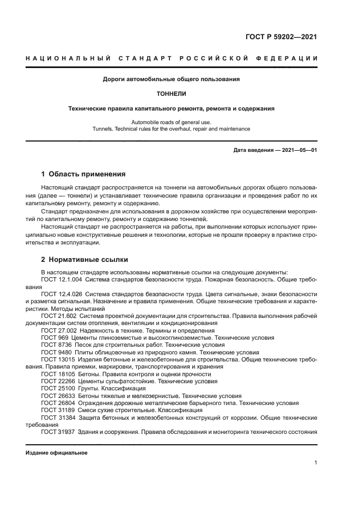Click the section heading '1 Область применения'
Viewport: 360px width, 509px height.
pos(83,174)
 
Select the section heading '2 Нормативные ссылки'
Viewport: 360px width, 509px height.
pos(84,260)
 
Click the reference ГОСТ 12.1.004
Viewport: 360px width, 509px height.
pos(62,279)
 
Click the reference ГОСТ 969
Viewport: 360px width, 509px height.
pos(54,338)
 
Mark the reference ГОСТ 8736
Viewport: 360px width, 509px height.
pos(56,345)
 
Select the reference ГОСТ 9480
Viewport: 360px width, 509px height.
pos(56,352)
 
